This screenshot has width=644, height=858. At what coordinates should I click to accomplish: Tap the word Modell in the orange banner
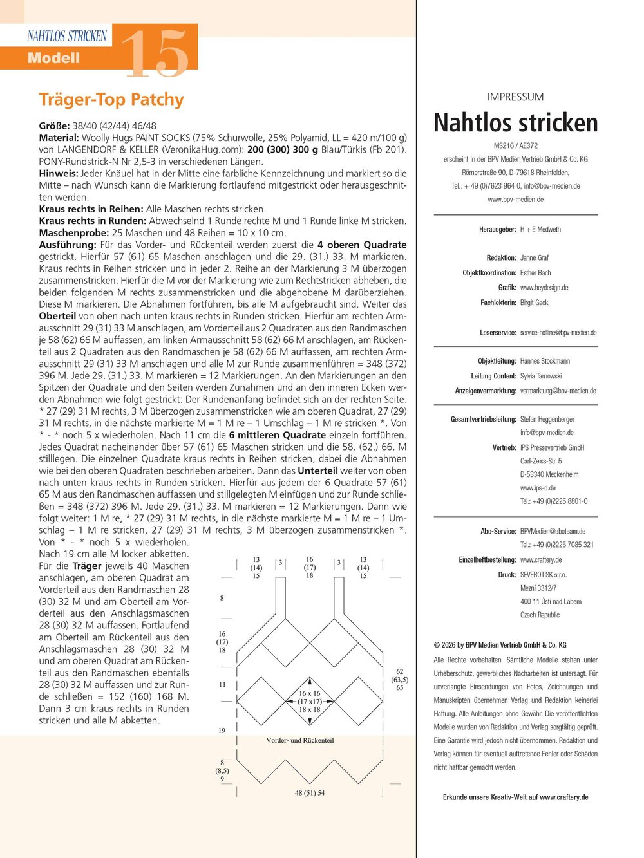[x=53, y=58]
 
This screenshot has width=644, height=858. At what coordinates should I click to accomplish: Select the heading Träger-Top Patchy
[x=111, y=100]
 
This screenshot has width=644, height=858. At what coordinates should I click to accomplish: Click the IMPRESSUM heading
[x=515, y=97]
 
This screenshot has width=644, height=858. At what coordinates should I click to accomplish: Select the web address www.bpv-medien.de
[x=515, y=200]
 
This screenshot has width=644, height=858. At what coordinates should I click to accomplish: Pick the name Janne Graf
[x=535, y=257]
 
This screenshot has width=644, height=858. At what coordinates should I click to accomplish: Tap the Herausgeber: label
[x=497, y=230]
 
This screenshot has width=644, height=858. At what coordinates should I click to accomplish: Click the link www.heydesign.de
[x=544, y=288]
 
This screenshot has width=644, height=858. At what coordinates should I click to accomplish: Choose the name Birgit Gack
[x=534, y=303]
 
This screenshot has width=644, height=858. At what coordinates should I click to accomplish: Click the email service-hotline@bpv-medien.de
[x=558, y=333]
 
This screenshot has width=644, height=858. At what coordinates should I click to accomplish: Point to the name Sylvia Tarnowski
[x=541, y=376]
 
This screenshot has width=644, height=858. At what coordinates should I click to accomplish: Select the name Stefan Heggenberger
[x=547, y=419]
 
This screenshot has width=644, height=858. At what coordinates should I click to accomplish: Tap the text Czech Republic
[x=540, y=615]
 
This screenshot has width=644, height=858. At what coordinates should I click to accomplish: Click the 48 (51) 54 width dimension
[x=310, y=793]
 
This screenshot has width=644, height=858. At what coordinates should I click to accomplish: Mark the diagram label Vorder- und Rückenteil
[x=300, y=740]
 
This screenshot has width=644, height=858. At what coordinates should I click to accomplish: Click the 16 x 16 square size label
[x=309, y=693]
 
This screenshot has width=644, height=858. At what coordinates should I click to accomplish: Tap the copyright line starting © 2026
[x=500, y=644]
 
